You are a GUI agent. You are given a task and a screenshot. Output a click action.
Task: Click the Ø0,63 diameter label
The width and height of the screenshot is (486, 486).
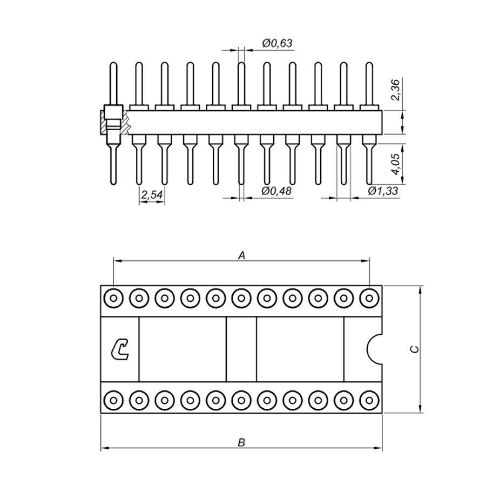pos(277,43)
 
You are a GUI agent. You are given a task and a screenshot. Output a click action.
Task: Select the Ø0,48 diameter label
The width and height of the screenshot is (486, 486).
pos(276,191)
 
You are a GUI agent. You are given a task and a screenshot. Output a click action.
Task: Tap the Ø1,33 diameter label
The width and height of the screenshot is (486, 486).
pos(383,191)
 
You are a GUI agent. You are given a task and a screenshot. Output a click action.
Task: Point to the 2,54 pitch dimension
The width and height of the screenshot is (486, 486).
pos(152,195)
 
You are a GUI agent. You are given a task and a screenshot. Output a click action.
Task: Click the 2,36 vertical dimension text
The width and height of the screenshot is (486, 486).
pos(396,89)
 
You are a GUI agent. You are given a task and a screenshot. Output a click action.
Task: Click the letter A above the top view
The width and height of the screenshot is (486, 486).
pos(241,255)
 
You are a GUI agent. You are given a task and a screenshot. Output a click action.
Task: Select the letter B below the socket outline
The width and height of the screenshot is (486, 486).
pos(241,442)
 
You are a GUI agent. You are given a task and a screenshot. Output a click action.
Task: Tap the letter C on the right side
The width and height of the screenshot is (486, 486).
pos(414,349)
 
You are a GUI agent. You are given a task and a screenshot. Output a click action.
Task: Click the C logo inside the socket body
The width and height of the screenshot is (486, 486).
pos(120,350)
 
